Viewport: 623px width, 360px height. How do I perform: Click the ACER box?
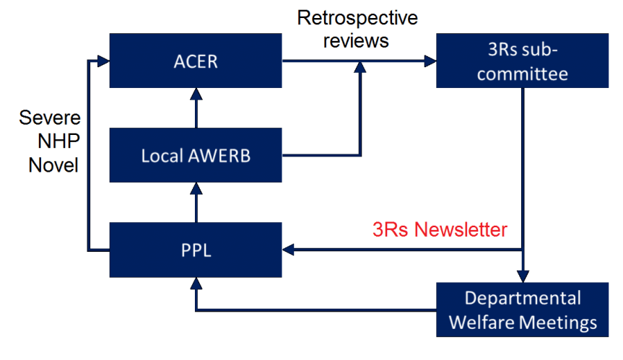pyautogui.click(x=195, y=61)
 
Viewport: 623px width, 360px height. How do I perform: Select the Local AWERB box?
pyautogui.click(x=195, y=155)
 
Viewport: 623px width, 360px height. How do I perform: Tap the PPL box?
pyautogui.click(x=195, y=250)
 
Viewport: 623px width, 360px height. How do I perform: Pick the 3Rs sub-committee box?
pyautogui.click(x=523, y=61)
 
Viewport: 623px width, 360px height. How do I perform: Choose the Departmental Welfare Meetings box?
pyautogui.click(x=523, y=309)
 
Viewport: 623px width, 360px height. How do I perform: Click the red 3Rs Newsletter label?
pyautogui.click(x=440, y=229)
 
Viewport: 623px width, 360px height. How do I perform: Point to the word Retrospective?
pyautogui.click(x=357, y=17)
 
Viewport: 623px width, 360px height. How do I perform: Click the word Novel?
pyautogui.click(x=53, y=164)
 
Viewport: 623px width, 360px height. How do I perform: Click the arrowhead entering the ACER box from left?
pyautogui.click(x=103, y=61)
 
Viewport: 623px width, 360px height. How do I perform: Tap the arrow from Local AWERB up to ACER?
pyautogui.click(x=195, y=108)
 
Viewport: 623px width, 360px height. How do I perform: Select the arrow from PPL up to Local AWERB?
pyautogui.click(x=195, y=203)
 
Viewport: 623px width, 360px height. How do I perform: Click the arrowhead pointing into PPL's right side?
pyautogui.click(x=289, y=250)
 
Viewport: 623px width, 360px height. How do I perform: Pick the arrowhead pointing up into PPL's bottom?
pyautogui.click(x=195, y=284)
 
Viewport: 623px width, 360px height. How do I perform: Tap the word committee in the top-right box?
pyautogui.click(x=523, y=73)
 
